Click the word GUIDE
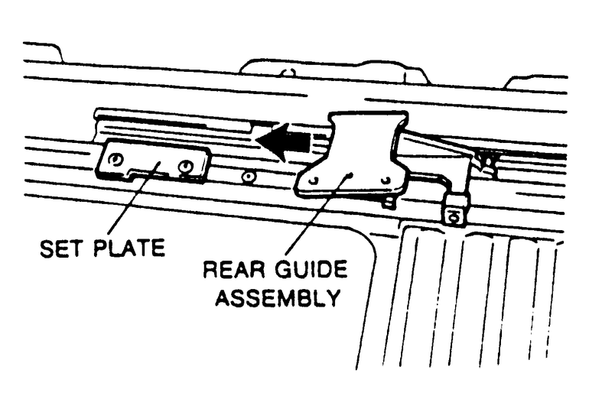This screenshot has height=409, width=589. pos(311,271)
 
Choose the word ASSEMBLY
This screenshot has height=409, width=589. pos(277,297)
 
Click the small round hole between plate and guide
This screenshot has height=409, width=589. pos(247,178)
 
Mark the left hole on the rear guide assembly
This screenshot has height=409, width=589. pos(313,180)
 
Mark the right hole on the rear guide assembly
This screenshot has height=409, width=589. pos(386,180)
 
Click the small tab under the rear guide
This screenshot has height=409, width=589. pos(389,202)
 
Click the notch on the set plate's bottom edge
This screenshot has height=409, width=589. pos(150,174)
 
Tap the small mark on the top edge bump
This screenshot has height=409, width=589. pos(287,73)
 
